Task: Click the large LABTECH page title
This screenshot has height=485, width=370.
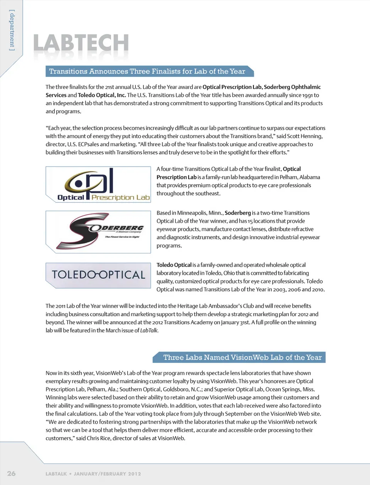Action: [81, 43]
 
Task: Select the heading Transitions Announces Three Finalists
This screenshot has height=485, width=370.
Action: [147, 71]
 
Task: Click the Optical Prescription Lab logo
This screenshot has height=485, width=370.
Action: [98, 185]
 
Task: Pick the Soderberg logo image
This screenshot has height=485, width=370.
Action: [98, 232]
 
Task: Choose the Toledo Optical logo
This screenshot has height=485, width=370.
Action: [98, 275]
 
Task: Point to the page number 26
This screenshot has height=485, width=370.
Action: [12, 473]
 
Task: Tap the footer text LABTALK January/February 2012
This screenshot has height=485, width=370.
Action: [93, 474]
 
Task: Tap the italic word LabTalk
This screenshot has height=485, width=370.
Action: [149, 331]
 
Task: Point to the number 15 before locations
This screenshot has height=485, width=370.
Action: [251, 221]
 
